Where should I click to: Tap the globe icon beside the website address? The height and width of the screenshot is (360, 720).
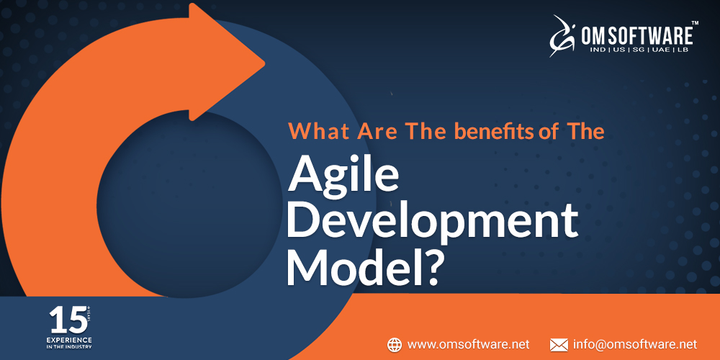[395, 344]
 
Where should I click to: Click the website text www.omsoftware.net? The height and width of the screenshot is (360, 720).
[469, 344]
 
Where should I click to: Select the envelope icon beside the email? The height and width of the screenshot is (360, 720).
[559, 344]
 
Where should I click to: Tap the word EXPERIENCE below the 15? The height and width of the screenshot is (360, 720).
[70, 337]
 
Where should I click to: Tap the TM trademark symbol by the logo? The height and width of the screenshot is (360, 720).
[696, 23]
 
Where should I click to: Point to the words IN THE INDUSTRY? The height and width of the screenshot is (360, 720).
[70, 346]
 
